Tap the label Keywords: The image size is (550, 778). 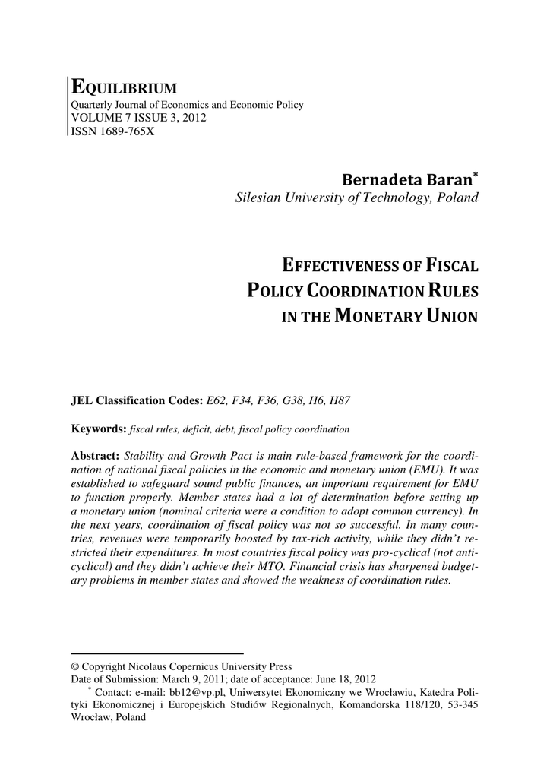pyautogui.click(x=98, y=429)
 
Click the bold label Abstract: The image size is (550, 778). pyautogui.click(x=95, y=455)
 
